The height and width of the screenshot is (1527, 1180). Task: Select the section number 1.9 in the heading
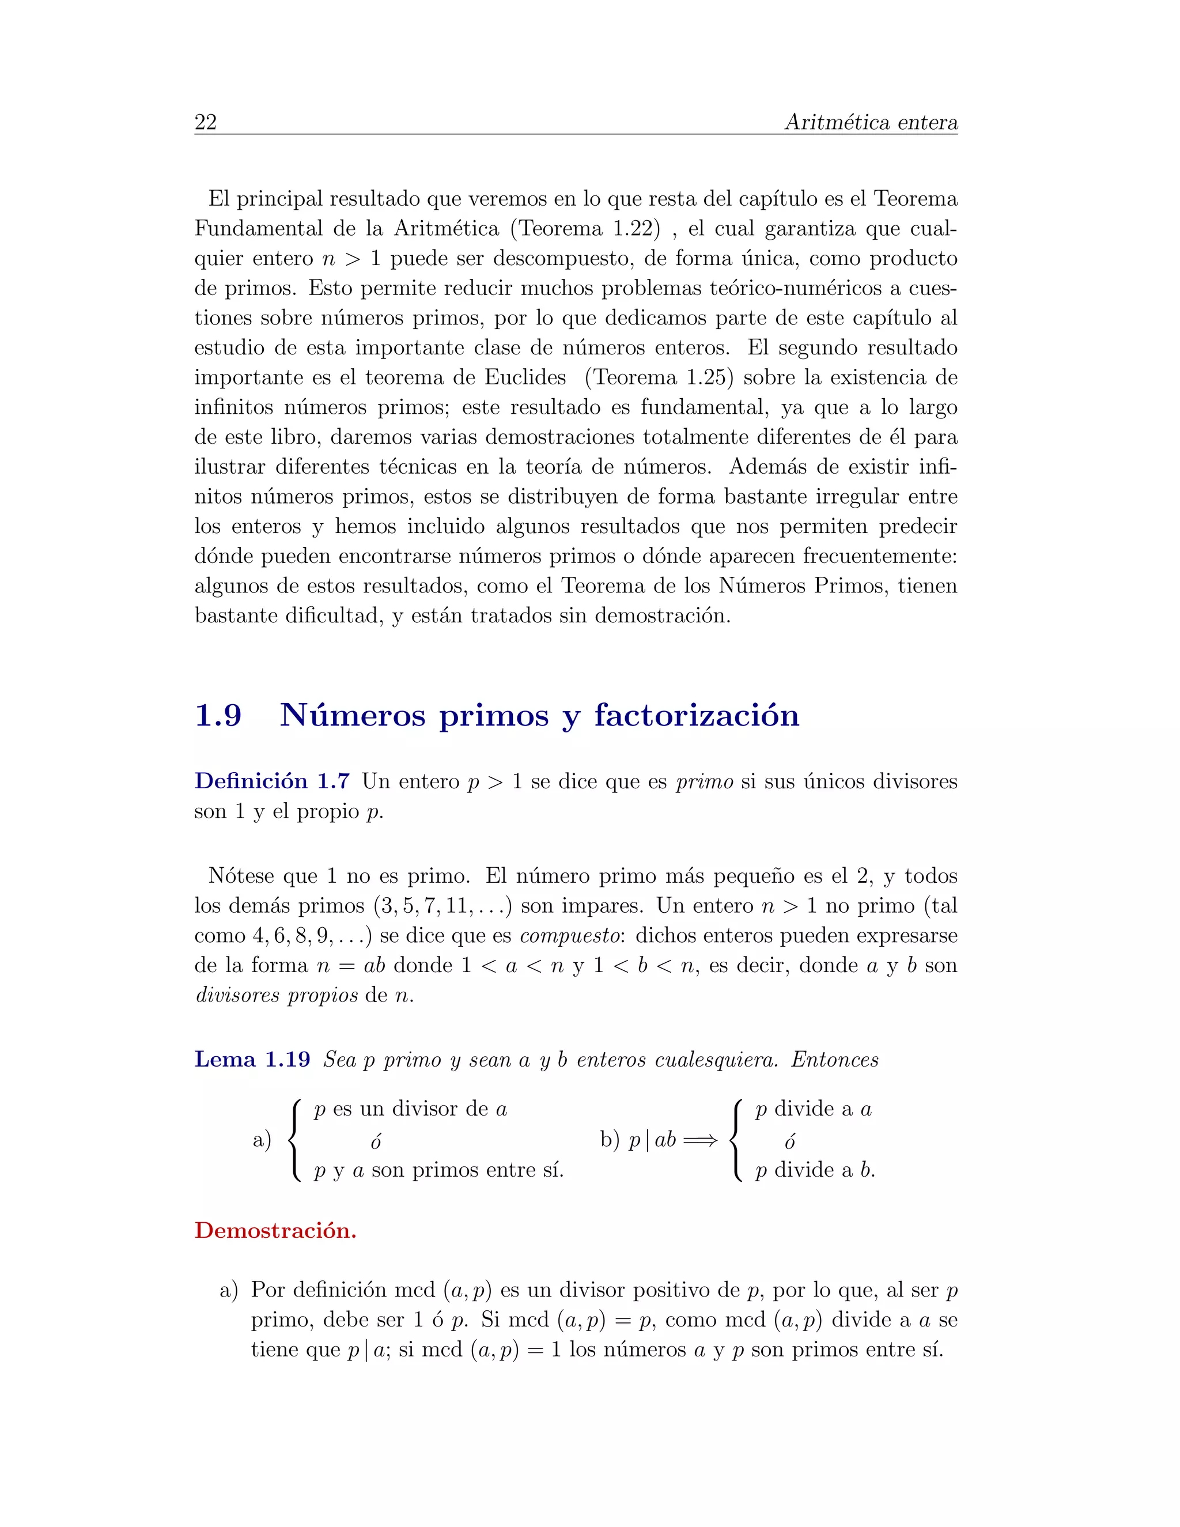[218, 715]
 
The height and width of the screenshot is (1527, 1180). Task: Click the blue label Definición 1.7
[272, 781]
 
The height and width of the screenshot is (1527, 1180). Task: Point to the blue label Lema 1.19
[252, 1059]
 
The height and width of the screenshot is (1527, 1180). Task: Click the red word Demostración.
[275, 1230]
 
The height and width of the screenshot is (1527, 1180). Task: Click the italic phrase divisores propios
[276, 995]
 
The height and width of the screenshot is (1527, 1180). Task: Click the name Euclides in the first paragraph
[525, 377]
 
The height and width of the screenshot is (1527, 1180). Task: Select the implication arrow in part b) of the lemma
[701, 1140]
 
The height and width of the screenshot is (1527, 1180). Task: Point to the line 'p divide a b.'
[815, 1170]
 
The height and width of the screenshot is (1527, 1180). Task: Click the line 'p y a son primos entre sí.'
[439, 1170]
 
